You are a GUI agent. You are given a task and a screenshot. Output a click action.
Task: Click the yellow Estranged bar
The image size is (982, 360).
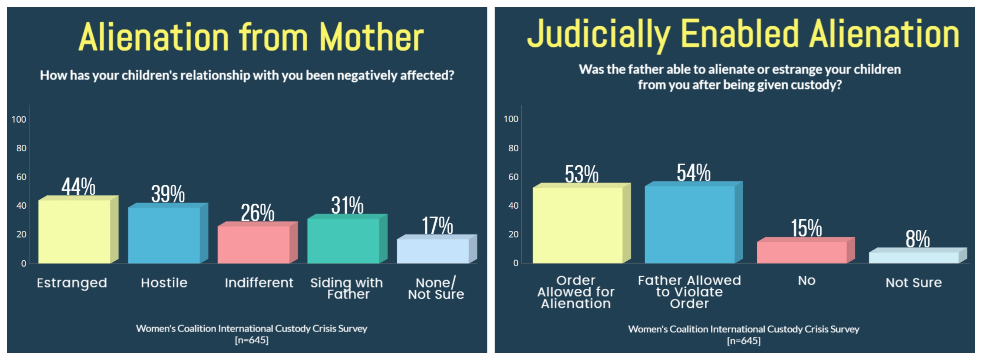click(74, 231)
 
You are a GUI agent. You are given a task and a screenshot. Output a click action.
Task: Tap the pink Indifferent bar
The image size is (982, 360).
click(254, 244)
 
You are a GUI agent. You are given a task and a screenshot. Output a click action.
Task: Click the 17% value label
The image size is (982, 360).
click(437, 225)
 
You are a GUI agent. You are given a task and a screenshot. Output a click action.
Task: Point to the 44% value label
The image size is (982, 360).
click(78, 187)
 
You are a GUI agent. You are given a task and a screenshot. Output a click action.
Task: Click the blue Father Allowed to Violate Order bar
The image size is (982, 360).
click(689, 224)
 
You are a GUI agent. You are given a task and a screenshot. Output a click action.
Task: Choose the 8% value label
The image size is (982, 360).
click(917, 239)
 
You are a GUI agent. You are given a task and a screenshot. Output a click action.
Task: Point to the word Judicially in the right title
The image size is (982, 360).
click(598, 34)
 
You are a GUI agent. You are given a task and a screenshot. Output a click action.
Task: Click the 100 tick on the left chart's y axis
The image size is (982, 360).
click(19, 119)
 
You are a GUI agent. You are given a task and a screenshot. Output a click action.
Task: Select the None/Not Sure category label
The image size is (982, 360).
click(436, 288)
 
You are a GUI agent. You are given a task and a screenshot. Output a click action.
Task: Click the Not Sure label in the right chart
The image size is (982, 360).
click(913, 283)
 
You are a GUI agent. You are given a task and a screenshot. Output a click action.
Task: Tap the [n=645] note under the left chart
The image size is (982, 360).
click(252, 340)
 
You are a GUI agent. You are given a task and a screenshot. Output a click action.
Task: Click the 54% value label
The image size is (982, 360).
click(693, 173)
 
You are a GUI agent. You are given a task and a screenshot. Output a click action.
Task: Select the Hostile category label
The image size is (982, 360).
click(164, 283)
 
